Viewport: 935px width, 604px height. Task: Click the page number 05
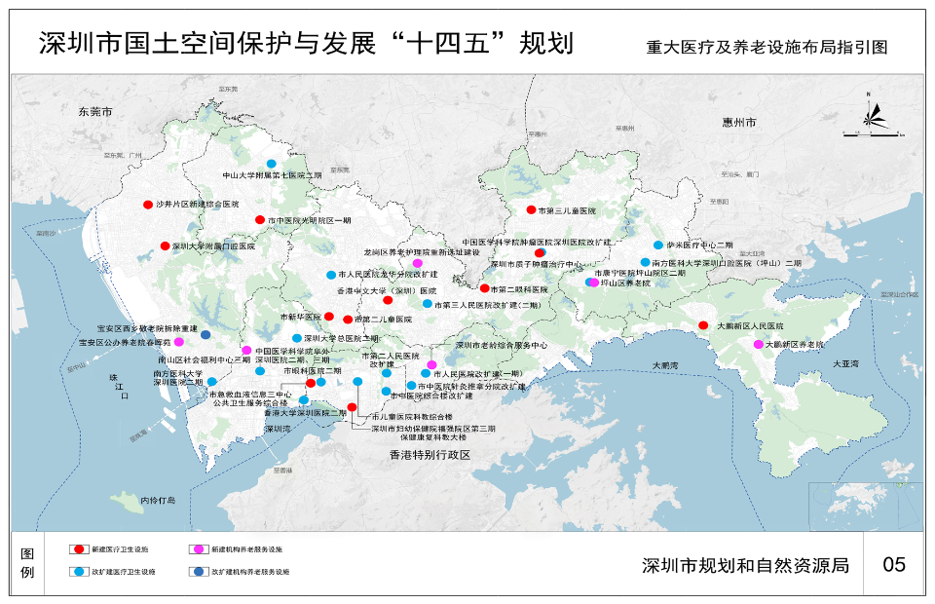point(893,565)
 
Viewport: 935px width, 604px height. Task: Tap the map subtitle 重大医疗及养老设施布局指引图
point(767,47)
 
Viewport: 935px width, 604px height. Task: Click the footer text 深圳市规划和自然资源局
point(746,565)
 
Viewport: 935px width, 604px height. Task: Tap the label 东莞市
point(97,113)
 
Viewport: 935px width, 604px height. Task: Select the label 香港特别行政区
point(430,455)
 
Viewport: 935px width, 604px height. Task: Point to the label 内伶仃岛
point(157,500)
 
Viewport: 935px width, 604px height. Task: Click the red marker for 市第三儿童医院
point(531,210)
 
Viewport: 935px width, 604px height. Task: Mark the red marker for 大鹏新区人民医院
point(703,325)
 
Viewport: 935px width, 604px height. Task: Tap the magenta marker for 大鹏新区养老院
point(758,345)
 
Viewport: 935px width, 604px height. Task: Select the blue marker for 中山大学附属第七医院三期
point(272,164)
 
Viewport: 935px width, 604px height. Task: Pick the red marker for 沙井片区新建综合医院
point(147,205)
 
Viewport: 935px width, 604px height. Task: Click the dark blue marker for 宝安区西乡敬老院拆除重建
point(206,335)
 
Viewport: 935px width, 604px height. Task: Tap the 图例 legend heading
point(27,562)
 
